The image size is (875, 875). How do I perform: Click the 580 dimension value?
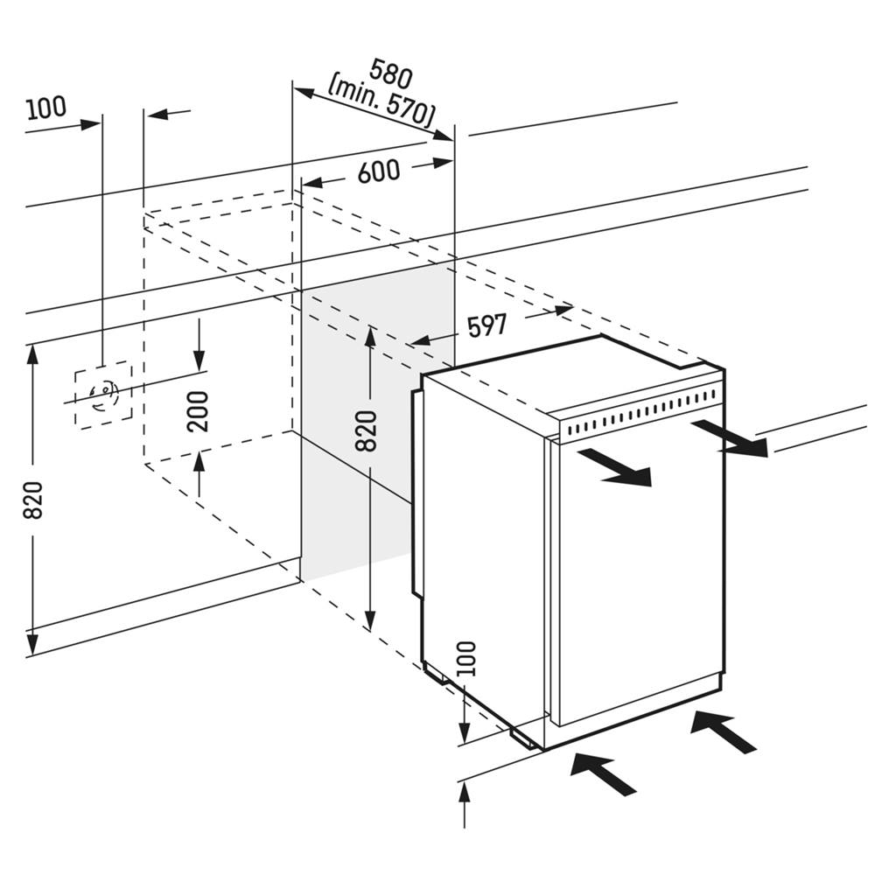pos(391,73)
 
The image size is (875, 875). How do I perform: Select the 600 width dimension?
pos(378,171)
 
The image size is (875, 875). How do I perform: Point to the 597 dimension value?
pos(486,326)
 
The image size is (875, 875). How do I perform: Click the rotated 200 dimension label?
pos(199,410)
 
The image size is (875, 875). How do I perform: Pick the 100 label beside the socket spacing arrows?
pos(45,108)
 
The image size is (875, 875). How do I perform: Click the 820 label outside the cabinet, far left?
pos(32,500)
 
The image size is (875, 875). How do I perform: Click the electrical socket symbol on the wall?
pos(103,395)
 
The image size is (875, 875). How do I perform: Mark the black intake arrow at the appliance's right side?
pos(723,731)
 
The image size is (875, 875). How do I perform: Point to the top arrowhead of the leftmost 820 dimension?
pos(33,354)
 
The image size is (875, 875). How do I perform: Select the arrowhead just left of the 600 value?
pos(311,182)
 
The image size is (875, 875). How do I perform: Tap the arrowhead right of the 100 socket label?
pos(91,124)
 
